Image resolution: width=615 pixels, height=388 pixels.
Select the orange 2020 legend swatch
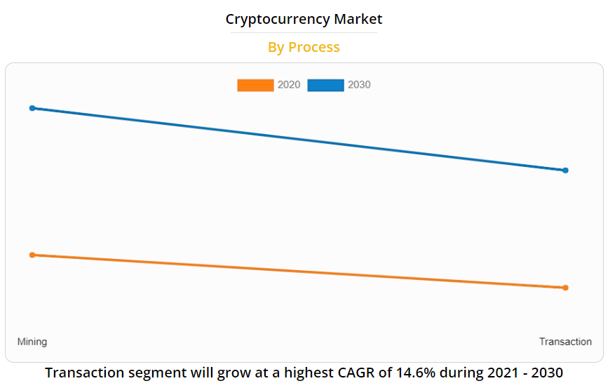[255, 85]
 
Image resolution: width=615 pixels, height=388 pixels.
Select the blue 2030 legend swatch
[325, 85]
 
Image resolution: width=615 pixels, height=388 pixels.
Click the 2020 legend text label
[289, 85]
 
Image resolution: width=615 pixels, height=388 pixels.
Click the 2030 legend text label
[359, 85]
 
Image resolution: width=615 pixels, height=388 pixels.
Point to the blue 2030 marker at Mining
[32, 108]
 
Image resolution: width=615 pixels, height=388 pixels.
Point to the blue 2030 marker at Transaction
[565, 170]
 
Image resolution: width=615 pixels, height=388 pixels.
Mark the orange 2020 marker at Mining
[32, 255]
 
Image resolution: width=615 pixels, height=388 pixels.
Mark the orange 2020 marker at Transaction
[565, 288]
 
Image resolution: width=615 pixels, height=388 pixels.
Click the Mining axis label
[32, 342]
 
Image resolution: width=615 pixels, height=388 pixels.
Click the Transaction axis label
[565, 342]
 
